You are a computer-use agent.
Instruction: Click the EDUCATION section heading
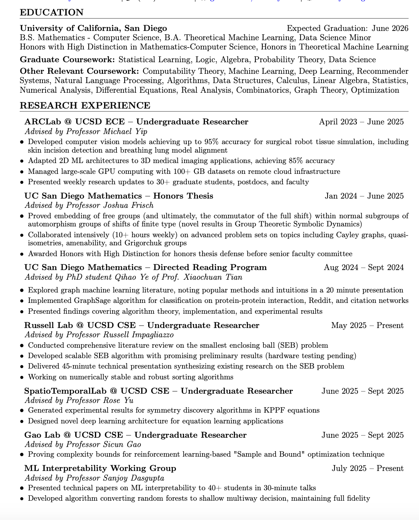pos(52,12)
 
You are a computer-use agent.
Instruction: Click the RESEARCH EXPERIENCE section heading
pos(85,105)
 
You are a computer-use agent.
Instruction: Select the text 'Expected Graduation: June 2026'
pos(347,28)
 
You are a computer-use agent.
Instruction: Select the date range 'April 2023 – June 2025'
pos(361,122)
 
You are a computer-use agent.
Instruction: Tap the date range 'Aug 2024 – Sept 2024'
pos(363,267)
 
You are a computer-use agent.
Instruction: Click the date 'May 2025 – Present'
pos(367,325)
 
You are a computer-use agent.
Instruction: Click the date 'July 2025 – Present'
pos(367,468)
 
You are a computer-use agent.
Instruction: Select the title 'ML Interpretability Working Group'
pos(100,468)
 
